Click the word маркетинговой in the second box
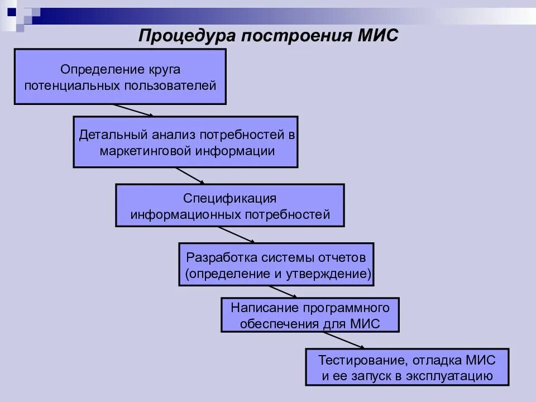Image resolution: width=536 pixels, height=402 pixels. (x=145, y=151)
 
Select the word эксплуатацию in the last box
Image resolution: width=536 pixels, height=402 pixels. (x=456, y=376)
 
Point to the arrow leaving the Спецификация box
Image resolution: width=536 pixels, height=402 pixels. (x=236, y=234)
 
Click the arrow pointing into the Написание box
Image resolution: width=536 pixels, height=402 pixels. (x=283, y=292)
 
